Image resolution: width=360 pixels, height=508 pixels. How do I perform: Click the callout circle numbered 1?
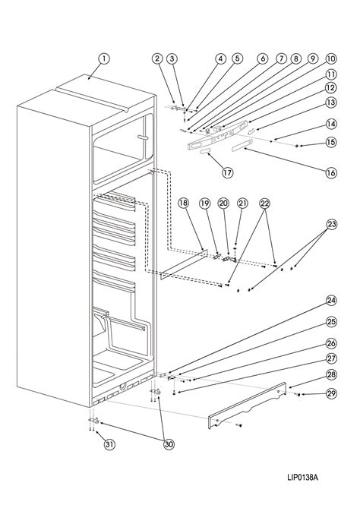point(104,58)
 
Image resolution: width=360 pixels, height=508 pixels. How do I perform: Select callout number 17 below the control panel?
point(228,172)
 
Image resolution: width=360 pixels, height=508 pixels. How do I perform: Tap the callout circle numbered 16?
point(331,172)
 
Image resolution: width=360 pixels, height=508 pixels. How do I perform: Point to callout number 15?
point(331,142)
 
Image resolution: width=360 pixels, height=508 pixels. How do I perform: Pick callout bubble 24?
point(331,301)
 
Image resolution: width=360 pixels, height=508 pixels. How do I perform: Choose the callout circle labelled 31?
point(109,444)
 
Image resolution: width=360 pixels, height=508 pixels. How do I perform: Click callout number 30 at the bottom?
point(169,444)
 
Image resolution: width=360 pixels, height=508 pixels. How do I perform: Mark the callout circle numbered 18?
point(183,204)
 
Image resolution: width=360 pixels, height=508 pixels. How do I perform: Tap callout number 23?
point(331,224)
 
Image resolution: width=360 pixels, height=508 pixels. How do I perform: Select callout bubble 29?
point(331,393)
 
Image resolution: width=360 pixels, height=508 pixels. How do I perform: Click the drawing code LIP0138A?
point(302,477)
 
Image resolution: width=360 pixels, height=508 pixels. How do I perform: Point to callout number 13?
point(331,103)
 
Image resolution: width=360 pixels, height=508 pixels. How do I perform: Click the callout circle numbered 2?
point(157,58)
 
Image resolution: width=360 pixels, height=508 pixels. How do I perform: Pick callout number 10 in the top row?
point(331,58)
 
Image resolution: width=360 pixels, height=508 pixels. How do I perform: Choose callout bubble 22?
point(265,204)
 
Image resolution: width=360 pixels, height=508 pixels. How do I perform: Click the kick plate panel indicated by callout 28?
point(248,406)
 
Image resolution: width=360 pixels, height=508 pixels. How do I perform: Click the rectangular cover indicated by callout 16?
point(242,144)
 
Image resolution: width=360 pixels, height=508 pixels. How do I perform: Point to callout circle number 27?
point(331,358)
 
